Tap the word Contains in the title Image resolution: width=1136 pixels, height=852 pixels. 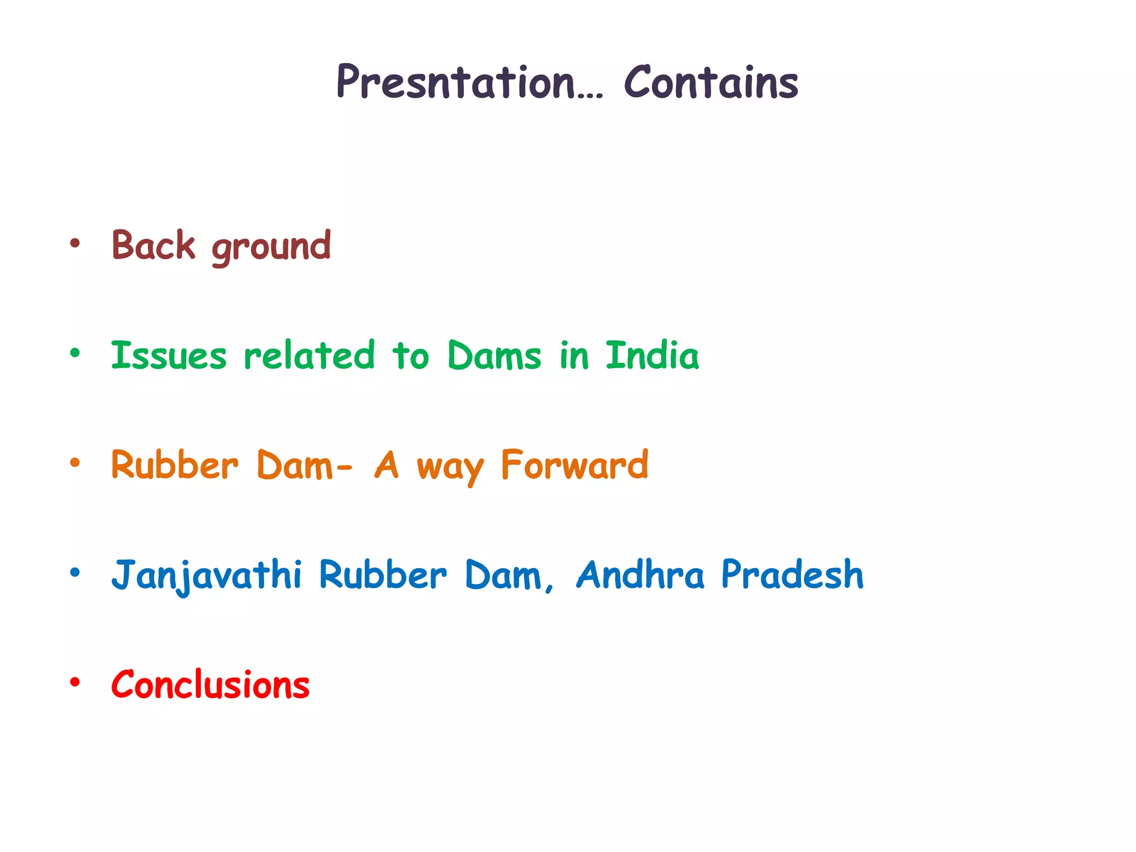(x=711, y=83)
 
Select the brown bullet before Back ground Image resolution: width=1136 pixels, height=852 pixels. (x=75, y=243)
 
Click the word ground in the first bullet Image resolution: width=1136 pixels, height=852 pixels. (x=271, y=247)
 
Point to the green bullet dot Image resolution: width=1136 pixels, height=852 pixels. (x=75, y=353)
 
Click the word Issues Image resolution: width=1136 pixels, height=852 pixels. (x=169, y=356)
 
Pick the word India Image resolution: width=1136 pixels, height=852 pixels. (x=652, y=356)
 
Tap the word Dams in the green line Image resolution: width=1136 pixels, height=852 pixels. (x=494, y=356)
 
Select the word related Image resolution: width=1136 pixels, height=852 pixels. (x=309, y=356)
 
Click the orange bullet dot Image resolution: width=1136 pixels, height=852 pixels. (x=75, y=462)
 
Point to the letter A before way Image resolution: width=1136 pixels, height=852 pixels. (x=387, y=465)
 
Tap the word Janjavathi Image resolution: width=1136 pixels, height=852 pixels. (x=206, y=575)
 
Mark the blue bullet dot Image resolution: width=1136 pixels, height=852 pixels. (x=75, y=572)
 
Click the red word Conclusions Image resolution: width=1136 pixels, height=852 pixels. (x=210, y=685)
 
